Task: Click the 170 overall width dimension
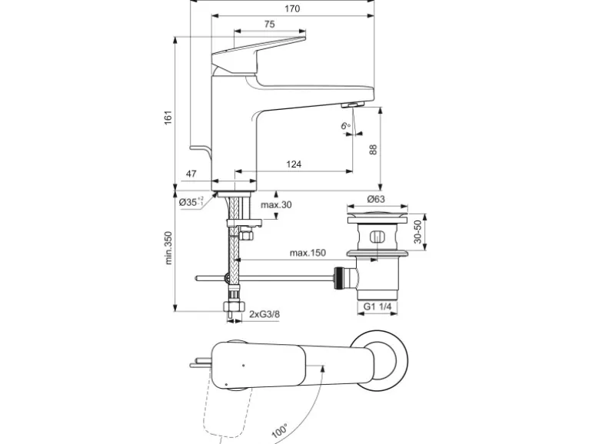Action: tap(291, 9)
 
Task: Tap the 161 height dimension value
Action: tap(168, 117)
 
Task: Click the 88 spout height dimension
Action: tap(374, 151)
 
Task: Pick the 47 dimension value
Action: tap(191, 174)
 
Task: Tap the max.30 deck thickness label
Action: tap(275, 205)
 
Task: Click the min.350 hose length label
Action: tap(168, 248)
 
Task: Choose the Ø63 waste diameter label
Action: tap(375, 199)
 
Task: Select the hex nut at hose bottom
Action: tap(233, 309)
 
